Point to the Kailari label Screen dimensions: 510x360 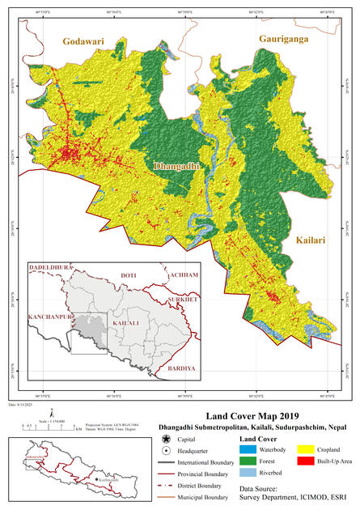coord(310,240)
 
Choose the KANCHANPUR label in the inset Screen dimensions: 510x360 coord(46,312)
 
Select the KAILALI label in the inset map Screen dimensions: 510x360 coord(124,323)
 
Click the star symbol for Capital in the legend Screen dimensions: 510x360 coord(166,438)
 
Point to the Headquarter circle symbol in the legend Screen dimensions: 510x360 coord(166,449)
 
